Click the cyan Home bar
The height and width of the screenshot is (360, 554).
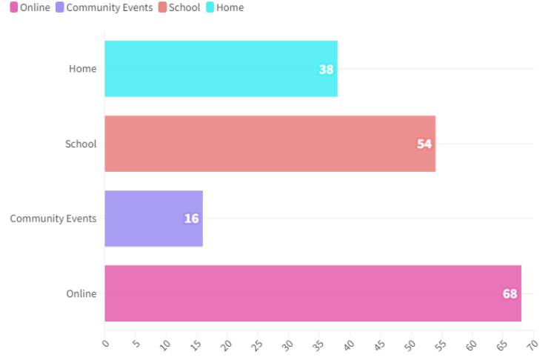221,69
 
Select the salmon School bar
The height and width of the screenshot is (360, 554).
270,144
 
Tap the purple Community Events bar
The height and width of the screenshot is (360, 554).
153,219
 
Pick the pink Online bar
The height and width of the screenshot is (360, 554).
313,293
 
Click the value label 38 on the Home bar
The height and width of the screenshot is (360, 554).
326,70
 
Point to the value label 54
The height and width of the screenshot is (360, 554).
424,144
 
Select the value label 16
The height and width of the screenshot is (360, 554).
191,219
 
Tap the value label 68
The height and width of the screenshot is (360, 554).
510,294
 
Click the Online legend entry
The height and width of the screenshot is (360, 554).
30,7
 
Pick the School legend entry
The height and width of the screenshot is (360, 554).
178,7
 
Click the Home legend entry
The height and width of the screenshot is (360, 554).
224,7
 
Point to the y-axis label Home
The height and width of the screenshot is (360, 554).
82,69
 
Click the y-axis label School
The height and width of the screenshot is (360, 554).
81,144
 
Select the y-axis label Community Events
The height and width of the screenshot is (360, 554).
53,219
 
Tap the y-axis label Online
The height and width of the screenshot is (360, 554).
81,293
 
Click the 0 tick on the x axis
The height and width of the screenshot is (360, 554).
104,344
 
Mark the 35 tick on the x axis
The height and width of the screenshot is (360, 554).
318,344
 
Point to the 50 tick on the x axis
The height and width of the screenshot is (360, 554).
410,344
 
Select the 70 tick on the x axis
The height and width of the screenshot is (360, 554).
532,344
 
